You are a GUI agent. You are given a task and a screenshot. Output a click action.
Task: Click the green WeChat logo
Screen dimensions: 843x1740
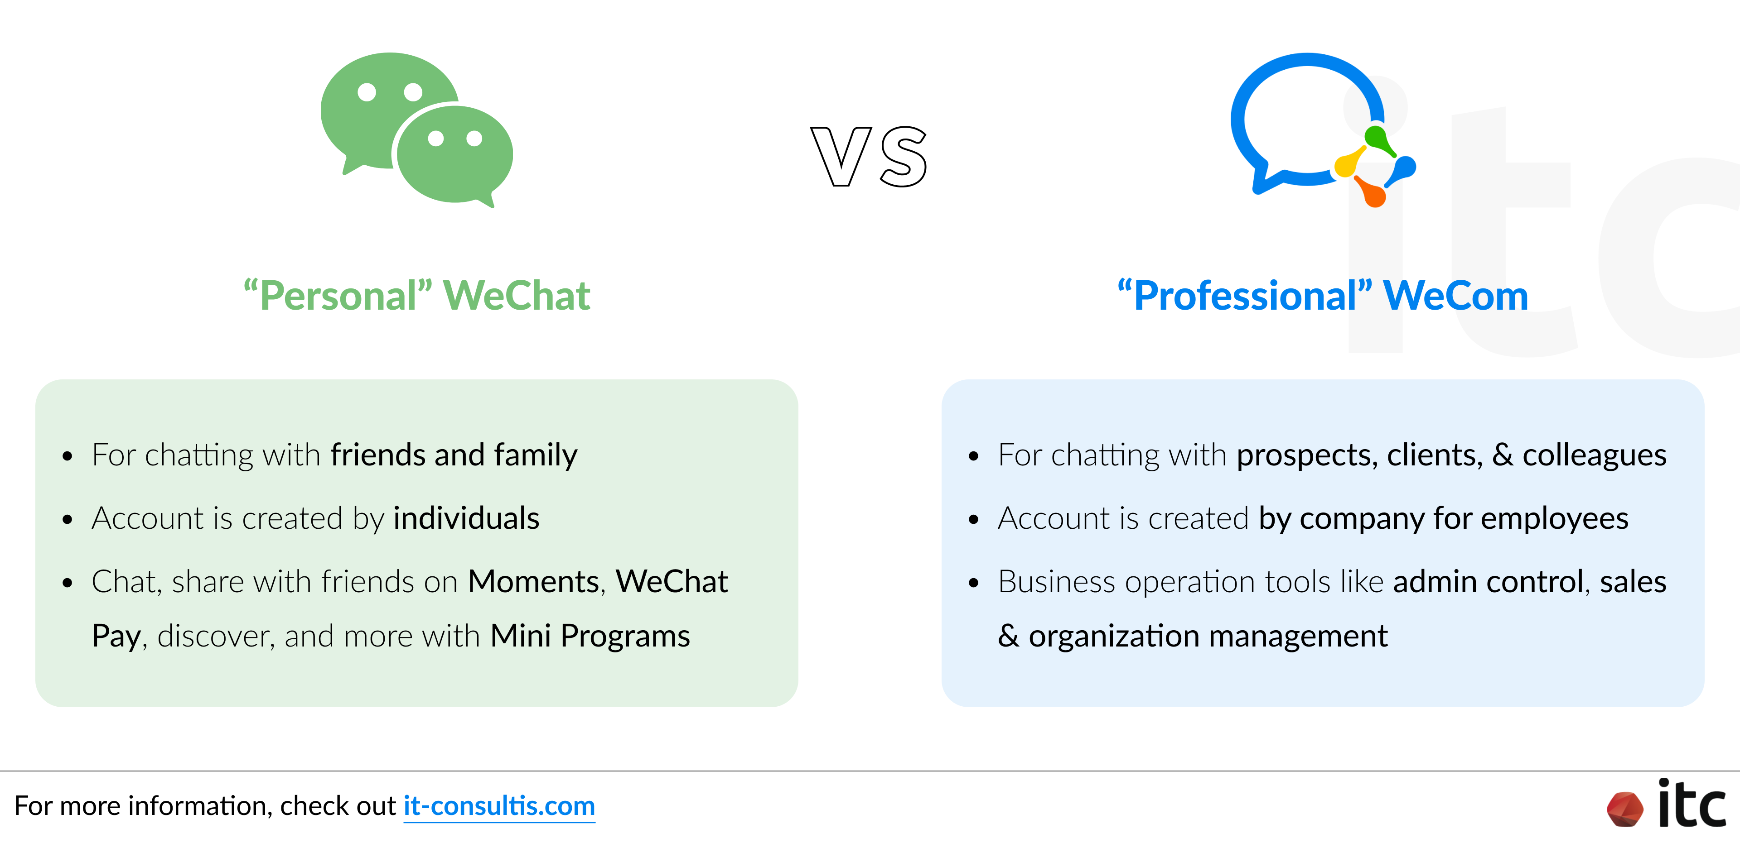(x=417, y=128)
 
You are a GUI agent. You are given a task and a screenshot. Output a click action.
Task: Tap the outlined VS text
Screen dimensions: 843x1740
(x=870, y=157)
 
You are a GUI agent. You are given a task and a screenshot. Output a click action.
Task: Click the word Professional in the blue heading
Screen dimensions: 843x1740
(x=1245, y=296)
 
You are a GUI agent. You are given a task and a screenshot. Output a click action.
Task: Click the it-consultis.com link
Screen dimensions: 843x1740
(x=499, y=806)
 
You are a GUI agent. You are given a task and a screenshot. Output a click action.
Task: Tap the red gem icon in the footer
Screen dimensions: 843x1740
(x=1624, y=809)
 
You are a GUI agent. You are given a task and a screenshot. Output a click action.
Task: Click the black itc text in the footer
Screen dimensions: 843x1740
(x=1692, y=805)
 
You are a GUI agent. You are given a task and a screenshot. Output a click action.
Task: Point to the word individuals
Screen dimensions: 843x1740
(x=466, y=518)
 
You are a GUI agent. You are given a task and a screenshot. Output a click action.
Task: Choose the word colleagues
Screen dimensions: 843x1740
(x=1594, y=455)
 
